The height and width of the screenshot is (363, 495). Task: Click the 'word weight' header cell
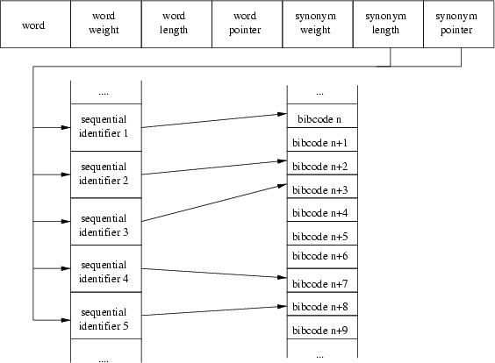coord(106,25)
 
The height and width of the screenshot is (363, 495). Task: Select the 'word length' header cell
coord(176,25)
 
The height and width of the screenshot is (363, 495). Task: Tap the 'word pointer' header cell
coord(247,25)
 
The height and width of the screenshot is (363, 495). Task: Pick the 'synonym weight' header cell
coord(318,25)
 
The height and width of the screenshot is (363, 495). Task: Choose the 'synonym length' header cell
coord(388,25)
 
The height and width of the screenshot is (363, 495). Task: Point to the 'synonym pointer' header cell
coord(459,25)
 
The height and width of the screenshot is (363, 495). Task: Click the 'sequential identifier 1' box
coord(106,127)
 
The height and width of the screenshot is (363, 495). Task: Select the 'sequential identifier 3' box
coord(106,222)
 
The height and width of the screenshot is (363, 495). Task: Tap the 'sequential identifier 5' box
coord(106,316)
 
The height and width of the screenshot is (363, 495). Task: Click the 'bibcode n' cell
coord(322,116)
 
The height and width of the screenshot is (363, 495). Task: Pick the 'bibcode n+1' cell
coord(322,139)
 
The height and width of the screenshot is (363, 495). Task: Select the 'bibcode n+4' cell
coord(322,210)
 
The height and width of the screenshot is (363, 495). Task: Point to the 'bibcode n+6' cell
coord(322,257)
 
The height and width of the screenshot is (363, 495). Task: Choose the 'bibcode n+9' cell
coord(322,327)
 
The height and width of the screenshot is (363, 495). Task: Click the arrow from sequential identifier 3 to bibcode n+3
coord(214,203)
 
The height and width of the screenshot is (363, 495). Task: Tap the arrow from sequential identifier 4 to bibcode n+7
coord(214,273)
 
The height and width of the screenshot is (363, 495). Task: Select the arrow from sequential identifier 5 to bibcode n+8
coord(214,310)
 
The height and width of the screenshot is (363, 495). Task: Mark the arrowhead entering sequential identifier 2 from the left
coord(66,174)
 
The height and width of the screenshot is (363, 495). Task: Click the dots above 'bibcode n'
coord(319,94)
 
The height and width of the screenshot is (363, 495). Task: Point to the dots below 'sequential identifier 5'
coord(104,360)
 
